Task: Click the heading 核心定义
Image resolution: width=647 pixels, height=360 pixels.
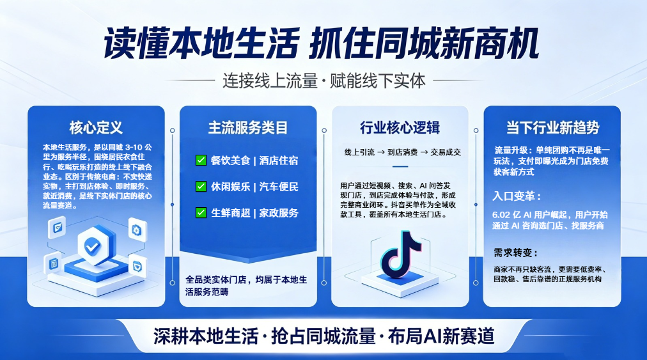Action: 96,128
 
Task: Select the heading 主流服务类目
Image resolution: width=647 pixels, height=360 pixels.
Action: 248,128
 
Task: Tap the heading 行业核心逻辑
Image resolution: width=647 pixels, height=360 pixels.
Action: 400,128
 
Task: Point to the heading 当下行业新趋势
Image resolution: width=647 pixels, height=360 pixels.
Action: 552,128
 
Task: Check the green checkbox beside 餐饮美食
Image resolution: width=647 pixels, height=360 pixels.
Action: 201,160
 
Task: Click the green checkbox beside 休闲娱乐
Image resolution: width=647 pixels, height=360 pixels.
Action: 201,187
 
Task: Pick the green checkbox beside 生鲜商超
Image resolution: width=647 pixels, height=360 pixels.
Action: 201,213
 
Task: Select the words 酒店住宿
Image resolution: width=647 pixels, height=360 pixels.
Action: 279,160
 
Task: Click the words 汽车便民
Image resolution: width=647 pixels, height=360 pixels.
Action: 279,187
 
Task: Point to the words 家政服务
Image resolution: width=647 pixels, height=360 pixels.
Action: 279,213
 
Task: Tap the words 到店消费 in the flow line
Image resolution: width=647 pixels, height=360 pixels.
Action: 402,152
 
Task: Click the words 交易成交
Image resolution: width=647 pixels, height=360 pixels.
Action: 446,152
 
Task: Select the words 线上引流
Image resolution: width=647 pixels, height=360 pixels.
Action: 359,152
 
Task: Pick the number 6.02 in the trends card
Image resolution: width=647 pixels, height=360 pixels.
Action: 501,215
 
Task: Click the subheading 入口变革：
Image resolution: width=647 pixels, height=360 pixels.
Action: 517,196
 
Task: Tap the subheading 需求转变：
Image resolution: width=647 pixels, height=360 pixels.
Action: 516,253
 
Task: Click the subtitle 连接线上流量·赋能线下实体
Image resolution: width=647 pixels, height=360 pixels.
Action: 324,81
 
